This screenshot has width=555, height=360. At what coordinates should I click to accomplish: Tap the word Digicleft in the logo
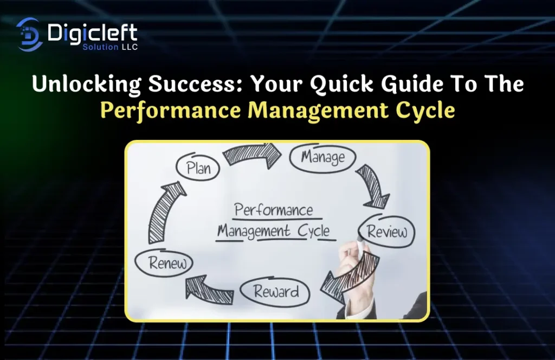pyautogui.click(x=92, y=33)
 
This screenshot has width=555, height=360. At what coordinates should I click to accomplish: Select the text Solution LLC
pyautogui.click(x=110, y=47)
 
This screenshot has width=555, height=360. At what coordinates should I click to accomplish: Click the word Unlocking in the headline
pyautogui.click(x=86, y=85)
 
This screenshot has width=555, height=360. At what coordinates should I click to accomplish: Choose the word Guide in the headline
pyautogui.click(x=412, y=84)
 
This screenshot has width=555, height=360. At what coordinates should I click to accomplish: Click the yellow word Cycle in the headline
pyautogui.click(x=425, y=111)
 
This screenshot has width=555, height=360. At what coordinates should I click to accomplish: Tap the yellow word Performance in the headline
pyautogui.click(x=171, y=110)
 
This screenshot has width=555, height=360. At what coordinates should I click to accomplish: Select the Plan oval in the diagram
pyautogui.click(x=198, y=167)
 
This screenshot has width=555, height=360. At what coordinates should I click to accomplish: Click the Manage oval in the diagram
pyautogui.click(x=323, y=158)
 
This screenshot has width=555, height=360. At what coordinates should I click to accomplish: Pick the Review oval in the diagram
pyautogui.click(x=386, y=231)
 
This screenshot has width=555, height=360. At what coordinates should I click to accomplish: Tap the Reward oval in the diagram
pyautogui.click(x=275, y=292)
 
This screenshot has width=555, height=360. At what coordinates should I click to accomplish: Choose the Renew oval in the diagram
pyautogui.click(x=164, y=262)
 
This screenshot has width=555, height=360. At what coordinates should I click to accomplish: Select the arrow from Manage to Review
pyautogui.click(x=372, y=186)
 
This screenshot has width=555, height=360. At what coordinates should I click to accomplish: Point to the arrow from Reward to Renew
pyautogui.click(x=209, y=290)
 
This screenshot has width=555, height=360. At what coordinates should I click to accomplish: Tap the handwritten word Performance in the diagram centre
pyautogui.click(x=274, y=210)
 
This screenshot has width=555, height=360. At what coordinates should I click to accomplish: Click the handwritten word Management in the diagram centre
pyautogui.click(x=254, y=231)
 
